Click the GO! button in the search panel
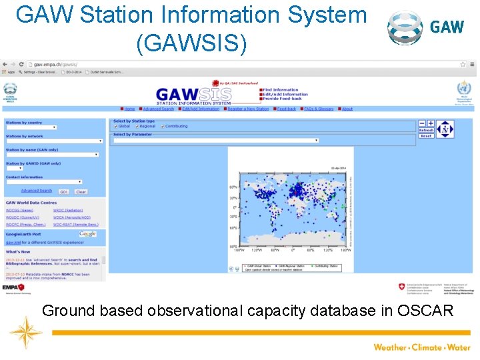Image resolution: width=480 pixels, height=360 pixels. click(64, 191)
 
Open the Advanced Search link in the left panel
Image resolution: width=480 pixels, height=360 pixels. click(36, 191)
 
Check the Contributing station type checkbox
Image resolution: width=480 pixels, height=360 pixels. click(162, 126)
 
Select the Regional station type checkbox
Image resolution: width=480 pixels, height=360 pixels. click(136, 126)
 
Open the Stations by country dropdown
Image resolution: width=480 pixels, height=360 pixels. click(31, 127)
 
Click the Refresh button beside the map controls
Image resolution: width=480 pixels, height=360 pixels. click(426, 130)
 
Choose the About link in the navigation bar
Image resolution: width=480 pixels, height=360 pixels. click(347, 109)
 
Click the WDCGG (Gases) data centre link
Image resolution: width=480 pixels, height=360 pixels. click(19, 210)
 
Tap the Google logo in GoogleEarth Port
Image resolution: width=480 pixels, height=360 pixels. click(87, 234)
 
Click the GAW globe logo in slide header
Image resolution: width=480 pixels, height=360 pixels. click(405, 27)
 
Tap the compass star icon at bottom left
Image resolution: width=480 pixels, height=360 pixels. click(25, 333)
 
